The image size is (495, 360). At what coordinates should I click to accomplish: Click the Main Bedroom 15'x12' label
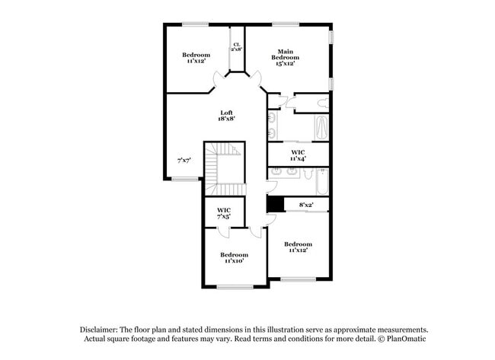(x=286, y=58)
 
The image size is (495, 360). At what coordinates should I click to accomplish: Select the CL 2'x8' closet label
(x=237, y=47)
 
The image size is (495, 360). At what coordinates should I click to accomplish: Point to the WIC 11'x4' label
(x=299, y=155)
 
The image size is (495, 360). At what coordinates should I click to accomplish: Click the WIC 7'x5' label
(x=224, y=213)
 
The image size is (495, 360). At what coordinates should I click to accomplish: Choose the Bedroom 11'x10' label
(x=234, y=258)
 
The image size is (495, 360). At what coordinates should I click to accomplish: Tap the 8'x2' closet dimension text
(x=306, y=205)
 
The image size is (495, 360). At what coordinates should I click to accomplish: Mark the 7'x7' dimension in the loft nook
(x=184, y=161)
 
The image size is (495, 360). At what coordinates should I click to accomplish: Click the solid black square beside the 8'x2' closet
(x=275, y=205)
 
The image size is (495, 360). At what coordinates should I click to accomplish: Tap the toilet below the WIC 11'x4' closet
(x=308, y=174)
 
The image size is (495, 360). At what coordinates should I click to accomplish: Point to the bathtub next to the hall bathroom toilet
(x=322, y=183)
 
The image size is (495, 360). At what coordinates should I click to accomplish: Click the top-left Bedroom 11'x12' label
(x=196, y=58)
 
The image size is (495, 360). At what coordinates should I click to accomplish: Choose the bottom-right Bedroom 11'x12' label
(x=299, y=247)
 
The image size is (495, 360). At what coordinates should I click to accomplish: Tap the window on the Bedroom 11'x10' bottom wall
(x=234, y=287)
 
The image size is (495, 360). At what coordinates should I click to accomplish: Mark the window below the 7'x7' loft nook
(x=184, y=180)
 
